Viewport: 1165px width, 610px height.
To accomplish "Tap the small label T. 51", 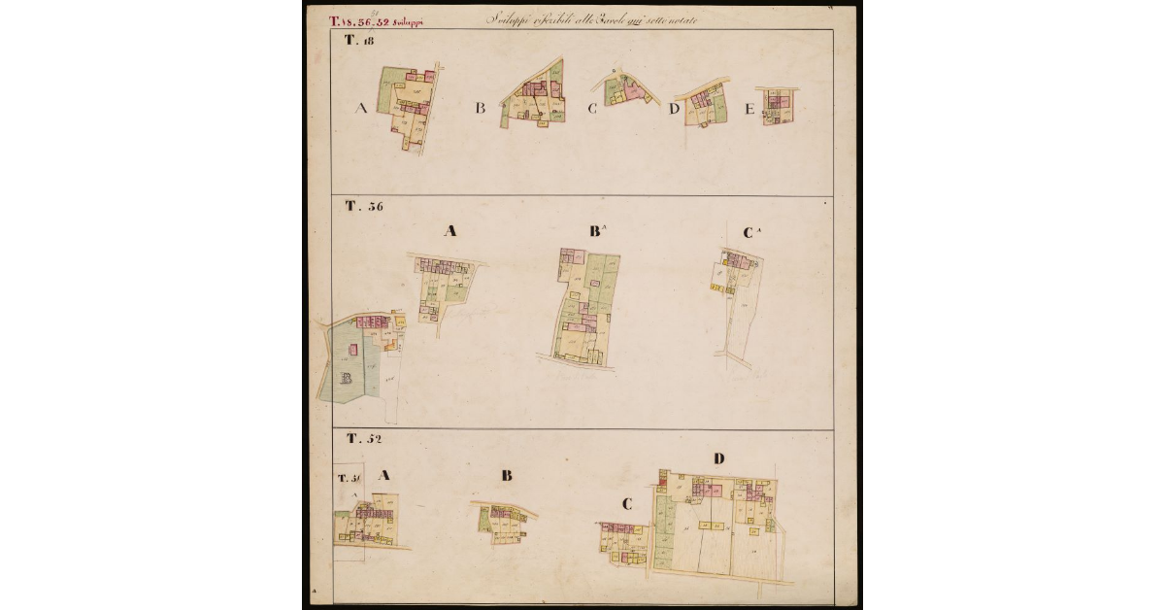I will (349, 478).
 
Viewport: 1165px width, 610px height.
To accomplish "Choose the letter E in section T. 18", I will (749, 110).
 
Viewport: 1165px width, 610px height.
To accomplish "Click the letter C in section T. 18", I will (591, 109).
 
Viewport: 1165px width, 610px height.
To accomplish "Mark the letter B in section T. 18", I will (480, 109).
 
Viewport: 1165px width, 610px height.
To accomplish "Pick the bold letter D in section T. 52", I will (718, 458).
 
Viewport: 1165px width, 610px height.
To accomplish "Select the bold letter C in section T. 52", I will (627, 504).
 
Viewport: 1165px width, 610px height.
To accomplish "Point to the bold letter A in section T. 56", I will (449, 231).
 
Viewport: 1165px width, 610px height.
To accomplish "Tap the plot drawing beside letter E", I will (778, 105).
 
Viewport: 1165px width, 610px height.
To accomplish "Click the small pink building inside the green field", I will (352, 348).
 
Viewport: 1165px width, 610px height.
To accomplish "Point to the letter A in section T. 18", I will (361, 109).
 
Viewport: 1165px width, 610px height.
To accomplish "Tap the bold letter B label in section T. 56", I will (595, 232).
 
